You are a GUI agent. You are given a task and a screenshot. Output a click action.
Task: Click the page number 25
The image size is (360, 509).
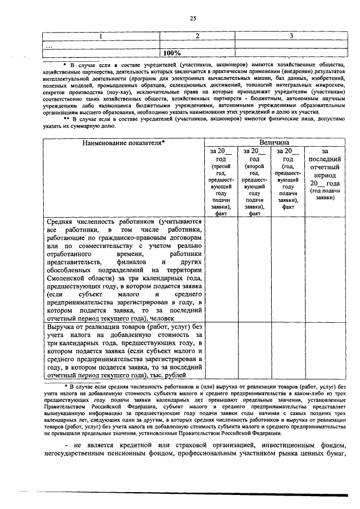(192, 18)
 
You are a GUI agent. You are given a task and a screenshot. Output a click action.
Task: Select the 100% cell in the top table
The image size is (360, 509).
(172, 53)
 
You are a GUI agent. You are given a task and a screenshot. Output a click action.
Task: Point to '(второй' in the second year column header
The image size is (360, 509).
(255, 167)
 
